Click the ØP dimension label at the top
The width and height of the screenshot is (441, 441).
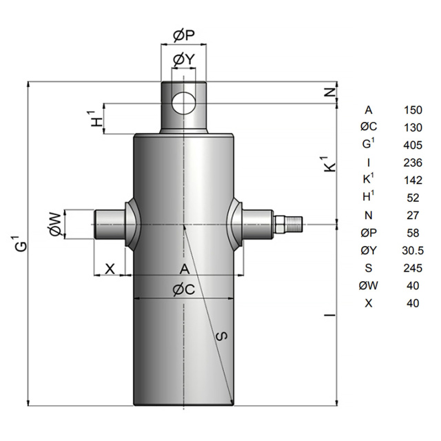[184, 36]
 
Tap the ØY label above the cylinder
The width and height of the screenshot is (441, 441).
[184, 59]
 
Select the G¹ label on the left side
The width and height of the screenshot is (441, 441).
[21, 242]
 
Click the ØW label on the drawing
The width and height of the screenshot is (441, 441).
[55, 224]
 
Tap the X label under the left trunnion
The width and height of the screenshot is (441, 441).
[110, 269]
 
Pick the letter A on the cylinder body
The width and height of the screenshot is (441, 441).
[185, 269]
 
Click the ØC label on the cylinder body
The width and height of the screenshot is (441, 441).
[184, 289]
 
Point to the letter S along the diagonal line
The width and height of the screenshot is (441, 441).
[222, 336]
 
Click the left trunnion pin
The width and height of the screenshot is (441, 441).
[110, 225]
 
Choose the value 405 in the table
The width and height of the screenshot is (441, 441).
[413, 145]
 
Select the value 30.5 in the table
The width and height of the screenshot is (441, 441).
[413, 250]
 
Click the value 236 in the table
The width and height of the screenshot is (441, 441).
[413, 163]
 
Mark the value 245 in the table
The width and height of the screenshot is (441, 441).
[413, 268]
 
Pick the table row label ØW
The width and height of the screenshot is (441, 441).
[369, 285]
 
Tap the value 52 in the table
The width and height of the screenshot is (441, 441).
[413, 198]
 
